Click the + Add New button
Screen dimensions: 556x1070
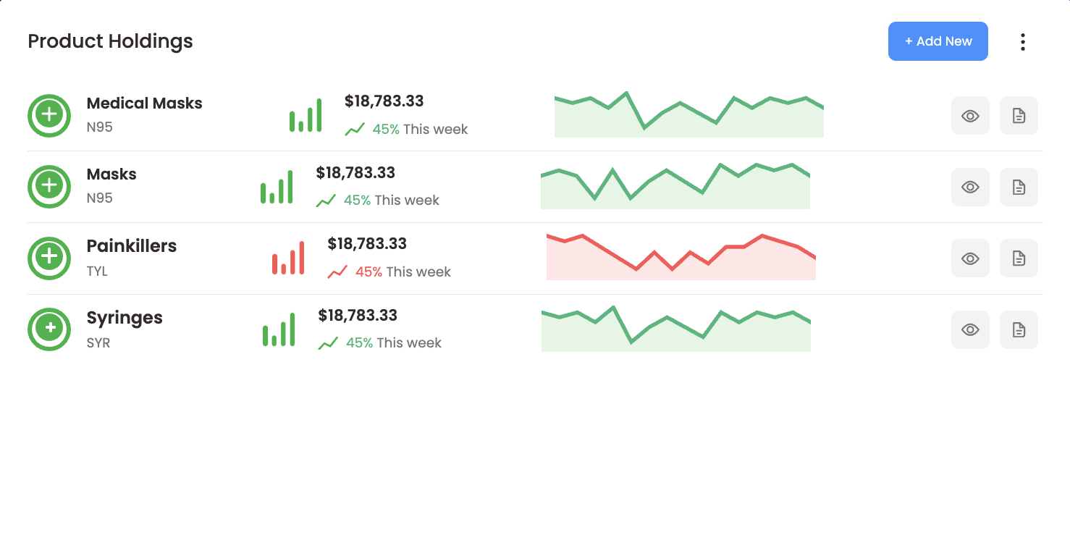click(x=938, y=41)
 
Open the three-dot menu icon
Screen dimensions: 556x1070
click(x=1022, y=42)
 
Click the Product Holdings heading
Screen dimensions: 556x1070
click(x=110, y=41)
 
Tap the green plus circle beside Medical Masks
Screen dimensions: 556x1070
click(x=49, y=115)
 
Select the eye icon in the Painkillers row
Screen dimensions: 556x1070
click(x=970, y=258)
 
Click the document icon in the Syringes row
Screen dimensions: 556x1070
click(x=1019, y=330)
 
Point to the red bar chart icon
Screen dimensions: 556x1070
click(x=288, y=258)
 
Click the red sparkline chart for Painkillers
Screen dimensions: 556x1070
click(x=681, y=258)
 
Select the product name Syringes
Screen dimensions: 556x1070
click(x=125, y=318)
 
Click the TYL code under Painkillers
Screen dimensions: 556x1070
click(x=97, y=271)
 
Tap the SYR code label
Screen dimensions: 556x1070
click(x=98, y=343)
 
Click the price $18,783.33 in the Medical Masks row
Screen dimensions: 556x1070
click(x=384, y=101)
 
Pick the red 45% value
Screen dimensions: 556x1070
click(x=368, y=272)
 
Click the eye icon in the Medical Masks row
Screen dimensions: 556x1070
click(x=970, y=116)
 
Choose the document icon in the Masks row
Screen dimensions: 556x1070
click(x=1019, y=188)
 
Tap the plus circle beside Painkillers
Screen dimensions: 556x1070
click(x=49, y=258)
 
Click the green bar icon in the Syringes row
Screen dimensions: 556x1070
click(x=279, y=330)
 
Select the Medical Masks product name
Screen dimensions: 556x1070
click(x=144, y=104)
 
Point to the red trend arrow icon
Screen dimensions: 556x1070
click(x=337, y=272)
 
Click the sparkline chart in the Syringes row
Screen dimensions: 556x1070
click(x=675, y=331)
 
